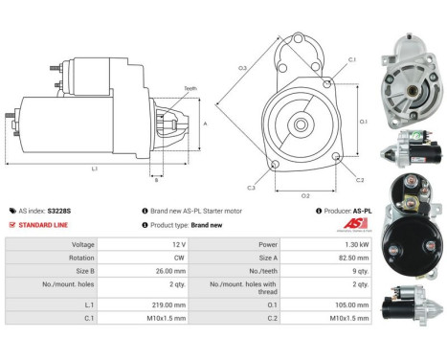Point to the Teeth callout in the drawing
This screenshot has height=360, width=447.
coord(190,87)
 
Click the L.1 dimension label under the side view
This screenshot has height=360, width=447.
coord(95,170)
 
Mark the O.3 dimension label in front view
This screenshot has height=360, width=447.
coord(242,68)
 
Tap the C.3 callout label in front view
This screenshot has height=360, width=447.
coord(250,187)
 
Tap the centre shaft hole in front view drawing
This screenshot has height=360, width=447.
coord(300,124)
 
